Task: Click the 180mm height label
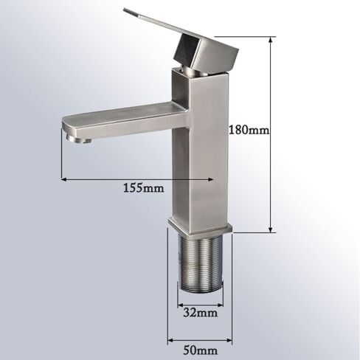click(249, 130)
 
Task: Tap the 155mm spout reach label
click(143, 188)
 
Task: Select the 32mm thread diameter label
click(200, 313)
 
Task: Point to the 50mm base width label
click(200, 350)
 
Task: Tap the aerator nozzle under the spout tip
click(79, 140)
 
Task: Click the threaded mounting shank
click(201, 263)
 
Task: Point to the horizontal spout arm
click(123, 121)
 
